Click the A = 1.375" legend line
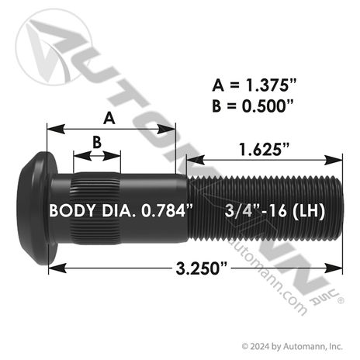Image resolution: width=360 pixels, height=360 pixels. [x=254, y=85]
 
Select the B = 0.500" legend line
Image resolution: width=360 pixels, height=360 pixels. [x=253, y=106]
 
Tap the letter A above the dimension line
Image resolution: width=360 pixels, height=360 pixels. [x=109, y=118]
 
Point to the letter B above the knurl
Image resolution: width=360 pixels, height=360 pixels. [x=97, y=142]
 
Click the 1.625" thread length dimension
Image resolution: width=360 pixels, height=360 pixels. [x=264, y=149]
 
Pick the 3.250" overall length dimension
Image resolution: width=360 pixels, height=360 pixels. [x=202, y=268]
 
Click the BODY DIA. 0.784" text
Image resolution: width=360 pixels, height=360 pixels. [x=121, y=210]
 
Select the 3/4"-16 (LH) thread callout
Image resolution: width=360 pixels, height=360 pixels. [x=275, y=210]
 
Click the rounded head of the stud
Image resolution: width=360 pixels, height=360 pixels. [x=37, y=208]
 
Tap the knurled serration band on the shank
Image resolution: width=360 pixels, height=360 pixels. [x=95, y=209]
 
